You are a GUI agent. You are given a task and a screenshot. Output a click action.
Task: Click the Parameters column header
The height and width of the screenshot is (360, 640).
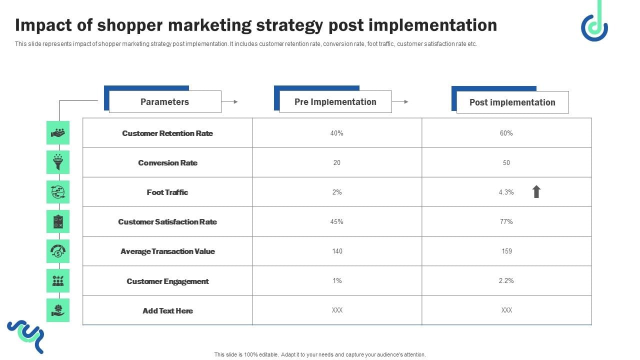164,102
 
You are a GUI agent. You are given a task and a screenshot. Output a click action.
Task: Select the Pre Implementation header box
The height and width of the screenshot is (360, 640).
335,102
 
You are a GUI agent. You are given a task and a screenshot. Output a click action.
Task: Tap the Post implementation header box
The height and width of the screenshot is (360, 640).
512,102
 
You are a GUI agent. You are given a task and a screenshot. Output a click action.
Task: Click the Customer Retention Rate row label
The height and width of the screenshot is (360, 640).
167,133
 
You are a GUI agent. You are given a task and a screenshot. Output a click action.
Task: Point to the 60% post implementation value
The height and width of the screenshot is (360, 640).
506,133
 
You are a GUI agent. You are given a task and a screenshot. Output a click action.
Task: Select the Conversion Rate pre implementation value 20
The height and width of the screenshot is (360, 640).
336,162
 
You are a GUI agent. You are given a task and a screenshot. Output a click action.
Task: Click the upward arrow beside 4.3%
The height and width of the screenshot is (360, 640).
536,191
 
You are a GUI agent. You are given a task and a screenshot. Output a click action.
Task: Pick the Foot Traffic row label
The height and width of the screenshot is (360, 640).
167,192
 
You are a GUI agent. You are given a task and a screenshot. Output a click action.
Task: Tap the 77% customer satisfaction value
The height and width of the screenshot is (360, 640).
506,221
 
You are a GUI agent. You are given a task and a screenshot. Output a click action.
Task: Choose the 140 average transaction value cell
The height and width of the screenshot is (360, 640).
337,251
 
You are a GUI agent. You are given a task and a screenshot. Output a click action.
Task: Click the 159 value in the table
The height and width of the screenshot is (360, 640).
506,251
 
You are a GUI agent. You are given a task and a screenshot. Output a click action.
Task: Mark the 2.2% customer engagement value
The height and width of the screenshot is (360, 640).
506,280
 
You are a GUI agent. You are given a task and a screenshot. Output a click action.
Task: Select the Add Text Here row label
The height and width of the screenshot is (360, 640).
167,310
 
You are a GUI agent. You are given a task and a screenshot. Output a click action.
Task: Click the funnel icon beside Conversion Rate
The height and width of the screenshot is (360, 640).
58,162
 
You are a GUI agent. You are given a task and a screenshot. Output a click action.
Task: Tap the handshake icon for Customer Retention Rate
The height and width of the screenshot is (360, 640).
58,133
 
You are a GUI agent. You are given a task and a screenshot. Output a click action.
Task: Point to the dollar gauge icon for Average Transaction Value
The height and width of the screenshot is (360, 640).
58,251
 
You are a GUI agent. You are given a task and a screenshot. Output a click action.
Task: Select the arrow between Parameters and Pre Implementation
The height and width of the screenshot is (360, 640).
229,101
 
